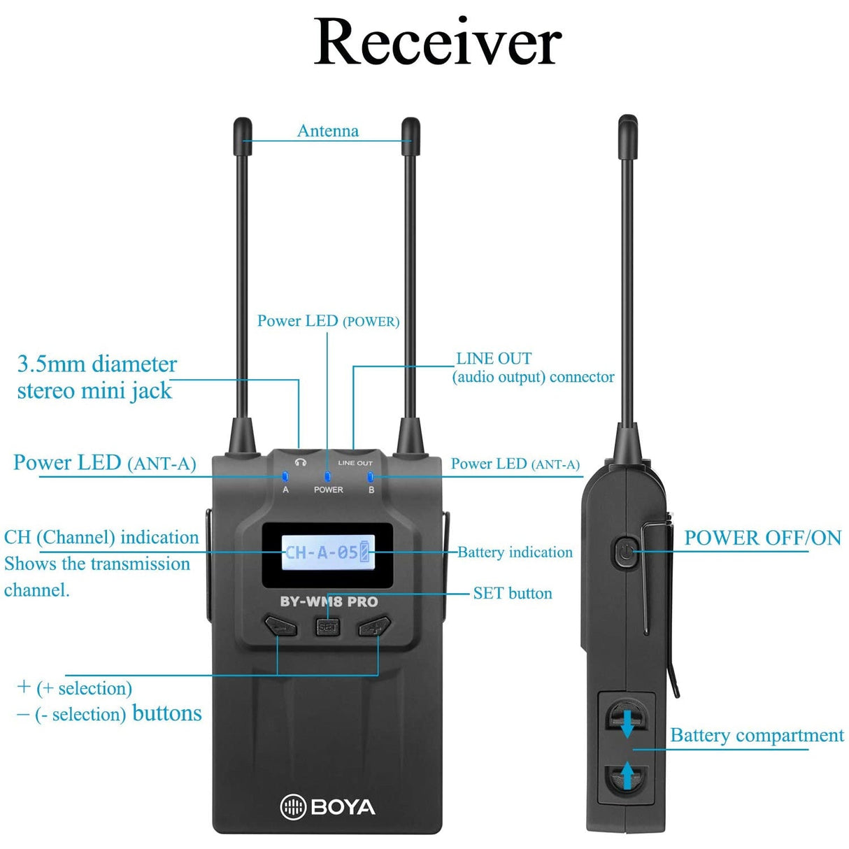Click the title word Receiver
point(437,42)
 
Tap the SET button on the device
point(327,627)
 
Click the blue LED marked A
point(285,477)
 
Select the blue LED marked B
point(371,477)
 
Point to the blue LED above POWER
point(327,477)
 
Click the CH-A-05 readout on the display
point(321,552)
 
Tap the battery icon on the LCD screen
point(364,552)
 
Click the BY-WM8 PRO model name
point(329,601)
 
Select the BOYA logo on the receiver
point(327,807)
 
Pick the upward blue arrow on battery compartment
point(627,775)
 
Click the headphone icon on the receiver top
point(301,462)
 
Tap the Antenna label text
point(327,131)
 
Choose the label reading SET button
point(513,593)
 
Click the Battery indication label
point(515,552)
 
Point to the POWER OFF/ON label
point(762,538)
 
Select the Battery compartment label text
point(757,735)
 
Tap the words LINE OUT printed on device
point(355,463)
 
